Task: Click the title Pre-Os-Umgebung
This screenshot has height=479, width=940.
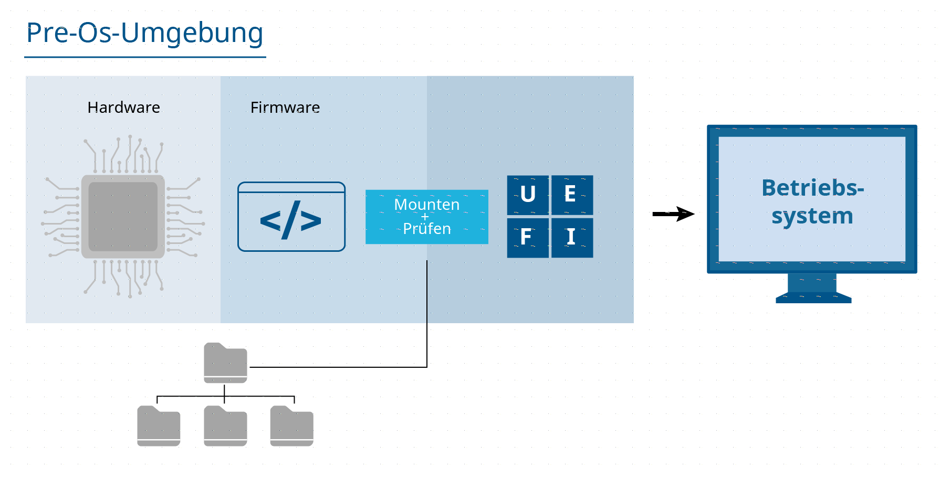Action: pyautogui.click(x=144, y=33)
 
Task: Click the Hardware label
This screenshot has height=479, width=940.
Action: pyautogui.click(x=123, y=108)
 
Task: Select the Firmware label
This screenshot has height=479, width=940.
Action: pyautogui.click(x=285, y=108)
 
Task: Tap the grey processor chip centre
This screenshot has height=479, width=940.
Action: pyautogui.click(x=123, y=216)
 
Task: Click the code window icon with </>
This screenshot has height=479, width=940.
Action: pyautogui.click(x=291, y=217)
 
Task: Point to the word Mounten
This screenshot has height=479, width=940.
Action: pyautogui.click(x=426, y=204)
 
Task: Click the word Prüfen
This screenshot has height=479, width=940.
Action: pyautogui.click(x=426, y=229)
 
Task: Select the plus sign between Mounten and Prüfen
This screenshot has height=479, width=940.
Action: pyautogui.click(x=425, y=217)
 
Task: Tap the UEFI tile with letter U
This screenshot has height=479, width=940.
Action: pyautogui.click(x=528, y=195)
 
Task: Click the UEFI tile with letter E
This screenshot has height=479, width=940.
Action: pyautogui.click(x=572, y=195)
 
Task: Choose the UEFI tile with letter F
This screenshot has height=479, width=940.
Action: pyautogui.click(x=528, y=238)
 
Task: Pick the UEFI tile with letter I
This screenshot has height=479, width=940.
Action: pyautogui.click(x=572, y=238)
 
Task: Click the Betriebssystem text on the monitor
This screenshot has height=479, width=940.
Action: pyautogui.click(x=812, y=202)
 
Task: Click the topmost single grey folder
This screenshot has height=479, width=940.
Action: pyautogui.click(x=225, y=363)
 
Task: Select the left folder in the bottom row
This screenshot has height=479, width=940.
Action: pyautogui.click(x=159, y=426)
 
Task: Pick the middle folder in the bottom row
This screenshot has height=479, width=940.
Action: pyautogui.click(x=225, y=426)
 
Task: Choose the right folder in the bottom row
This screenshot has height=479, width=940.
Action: pyautogui.click(x=291, y=426)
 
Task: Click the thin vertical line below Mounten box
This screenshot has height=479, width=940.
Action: pyautogui.click(x=427, y=292)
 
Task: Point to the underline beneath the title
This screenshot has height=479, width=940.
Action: pyautogui.click(x=145, y=57)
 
